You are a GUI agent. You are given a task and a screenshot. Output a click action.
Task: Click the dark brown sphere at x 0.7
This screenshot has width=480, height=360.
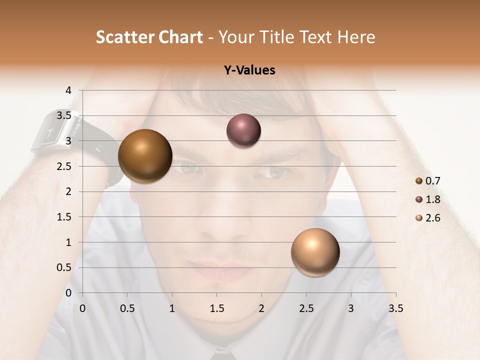coord(145,156)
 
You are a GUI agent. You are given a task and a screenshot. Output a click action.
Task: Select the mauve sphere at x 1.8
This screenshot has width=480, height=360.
coord(243,131)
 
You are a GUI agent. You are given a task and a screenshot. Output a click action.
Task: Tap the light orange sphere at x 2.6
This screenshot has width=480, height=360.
coord(315,252)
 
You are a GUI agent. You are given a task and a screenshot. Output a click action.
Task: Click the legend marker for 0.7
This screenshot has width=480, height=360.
coord(419,181)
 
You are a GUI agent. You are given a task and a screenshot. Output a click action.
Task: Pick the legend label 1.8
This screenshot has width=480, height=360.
coord(433,199)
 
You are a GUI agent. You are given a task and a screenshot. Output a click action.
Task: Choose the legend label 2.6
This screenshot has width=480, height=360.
coord(433,218)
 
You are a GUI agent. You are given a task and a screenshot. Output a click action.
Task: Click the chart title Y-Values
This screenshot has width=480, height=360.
coord(249,70)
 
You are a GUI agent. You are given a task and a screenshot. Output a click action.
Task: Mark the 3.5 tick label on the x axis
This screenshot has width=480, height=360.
coord(395,308)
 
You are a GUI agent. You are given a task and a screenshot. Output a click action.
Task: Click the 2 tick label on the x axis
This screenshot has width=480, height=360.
coord(261,308)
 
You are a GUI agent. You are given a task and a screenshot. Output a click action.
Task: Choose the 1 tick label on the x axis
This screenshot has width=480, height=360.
coord(172,308)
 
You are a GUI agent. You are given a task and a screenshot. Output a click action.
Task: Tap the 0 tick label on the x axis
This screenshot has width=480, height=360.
coord(82,308)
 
